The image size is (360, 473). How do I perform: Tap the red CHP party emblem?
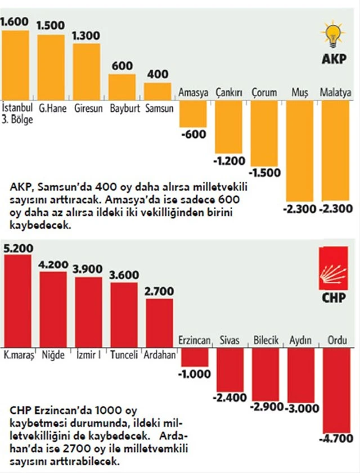tap(333, 268)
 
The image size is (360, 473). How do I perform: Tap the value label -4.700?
tap(339, 438)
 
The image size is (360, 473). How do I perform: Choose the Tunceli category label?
tap(124, 355)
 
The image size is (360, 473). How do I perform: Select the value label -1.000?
tap(193, 374)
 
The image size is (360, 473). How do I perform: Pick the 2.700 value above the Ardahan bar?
tap(159, 291)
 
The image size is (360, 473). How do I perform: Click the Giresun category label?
tap(88, 108)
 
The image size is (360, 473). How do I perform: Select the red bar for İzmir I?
tap(88, 312)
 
